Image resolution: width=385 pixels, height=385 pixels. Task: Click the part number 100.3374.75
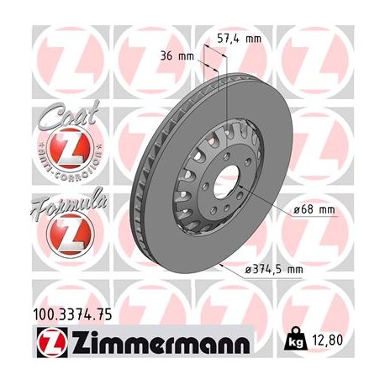[74, 314]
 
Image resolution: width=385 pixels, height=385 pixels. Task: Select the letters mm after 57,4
[251, 39]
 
